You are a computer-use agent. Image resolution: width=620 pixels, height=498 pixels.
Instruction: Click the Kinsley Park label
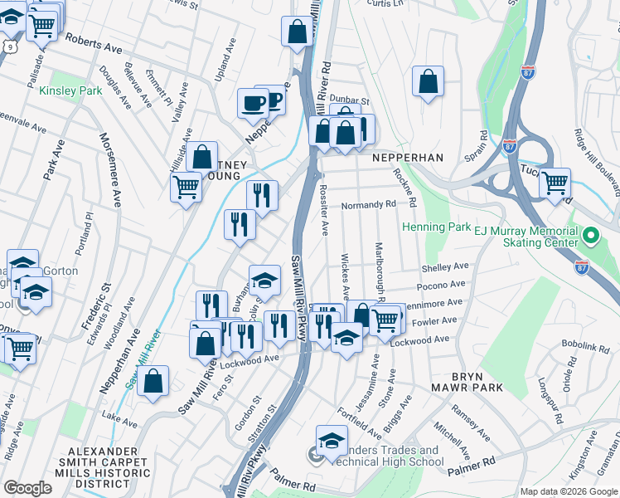click(x=70, y=89)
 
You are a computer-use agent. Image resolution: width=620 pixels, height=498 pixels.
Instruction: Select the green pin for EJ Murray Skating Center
click(x=590, y=237)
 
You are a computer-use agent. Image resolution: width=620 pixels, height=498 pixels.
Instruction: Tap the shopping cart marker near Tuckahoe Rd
click(x=555, y=183)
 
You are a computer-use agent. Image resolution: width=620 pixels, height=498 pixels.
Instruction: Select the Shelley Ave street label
click(x=444, y=267)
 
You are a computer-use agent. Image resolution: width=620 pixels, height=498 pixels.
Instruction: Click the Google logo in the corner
click(x=28, y=488)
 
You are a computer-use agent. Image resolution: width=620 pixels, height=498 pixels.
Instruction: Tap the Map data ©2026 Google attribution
click(x=569, y=491)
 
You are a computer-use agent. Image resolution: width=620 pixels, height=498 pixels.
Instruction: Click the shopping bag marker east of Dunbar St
click(x=428, y=81)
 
